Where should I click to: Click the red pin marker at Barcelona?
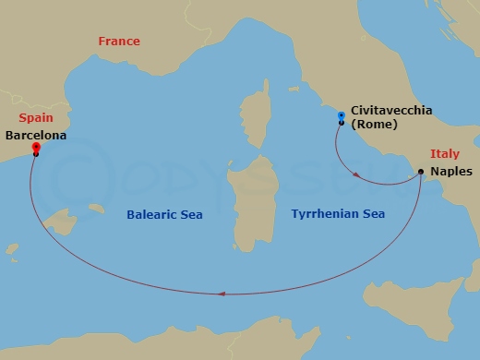[35, 147]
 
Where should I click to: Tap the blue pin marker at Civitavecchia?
[342, 116]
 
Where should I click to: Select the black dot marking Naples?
[421, 172]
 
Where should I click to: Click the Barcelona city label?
[36, 134]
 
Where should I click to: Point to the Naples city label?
[450, 172]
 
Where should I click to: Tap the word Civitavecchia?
[391, 111]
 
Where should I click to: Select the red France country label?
[119, 42]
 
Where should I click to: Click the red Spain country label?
[36, 118]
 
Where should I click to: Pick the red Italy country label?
[445, 154]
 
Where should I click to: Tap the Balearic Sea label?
[164, 215]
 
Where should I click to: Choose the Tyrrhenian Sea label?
[338, 214]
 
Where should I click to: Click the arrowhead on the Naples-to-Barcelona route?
[222, 294]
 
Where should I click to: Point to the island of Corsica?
[256, 125]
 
